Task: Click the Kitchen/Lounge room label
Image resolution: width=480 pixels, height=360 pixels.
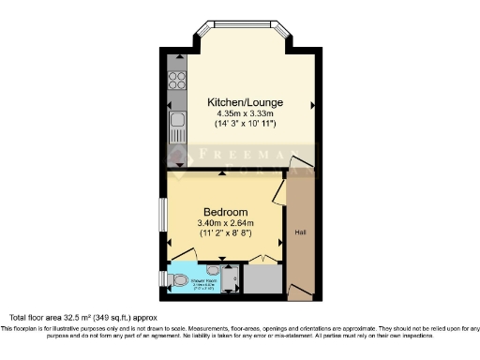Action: pos(247,102)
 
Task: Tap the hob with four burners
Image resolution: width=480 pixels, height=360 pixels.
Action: pos(175,80)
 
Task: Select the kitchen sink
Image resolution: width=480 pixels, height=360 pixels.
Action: pos(175,121)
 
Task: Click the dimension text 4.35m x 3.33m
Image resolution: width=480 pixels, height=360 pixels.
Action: pos(247,114)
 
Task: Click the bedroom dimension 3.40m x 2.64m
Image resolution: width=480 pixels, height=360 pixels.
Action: pos(225,223)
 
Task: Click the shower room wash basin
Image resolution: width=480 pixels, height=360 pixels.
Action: pos(214,269)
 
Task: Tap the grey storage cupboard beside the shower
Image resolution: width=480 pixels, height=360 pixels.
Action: pos(263,279)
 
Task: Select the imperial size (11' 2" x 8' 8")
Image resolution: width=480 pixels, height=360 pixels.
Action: pos(225,234)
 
